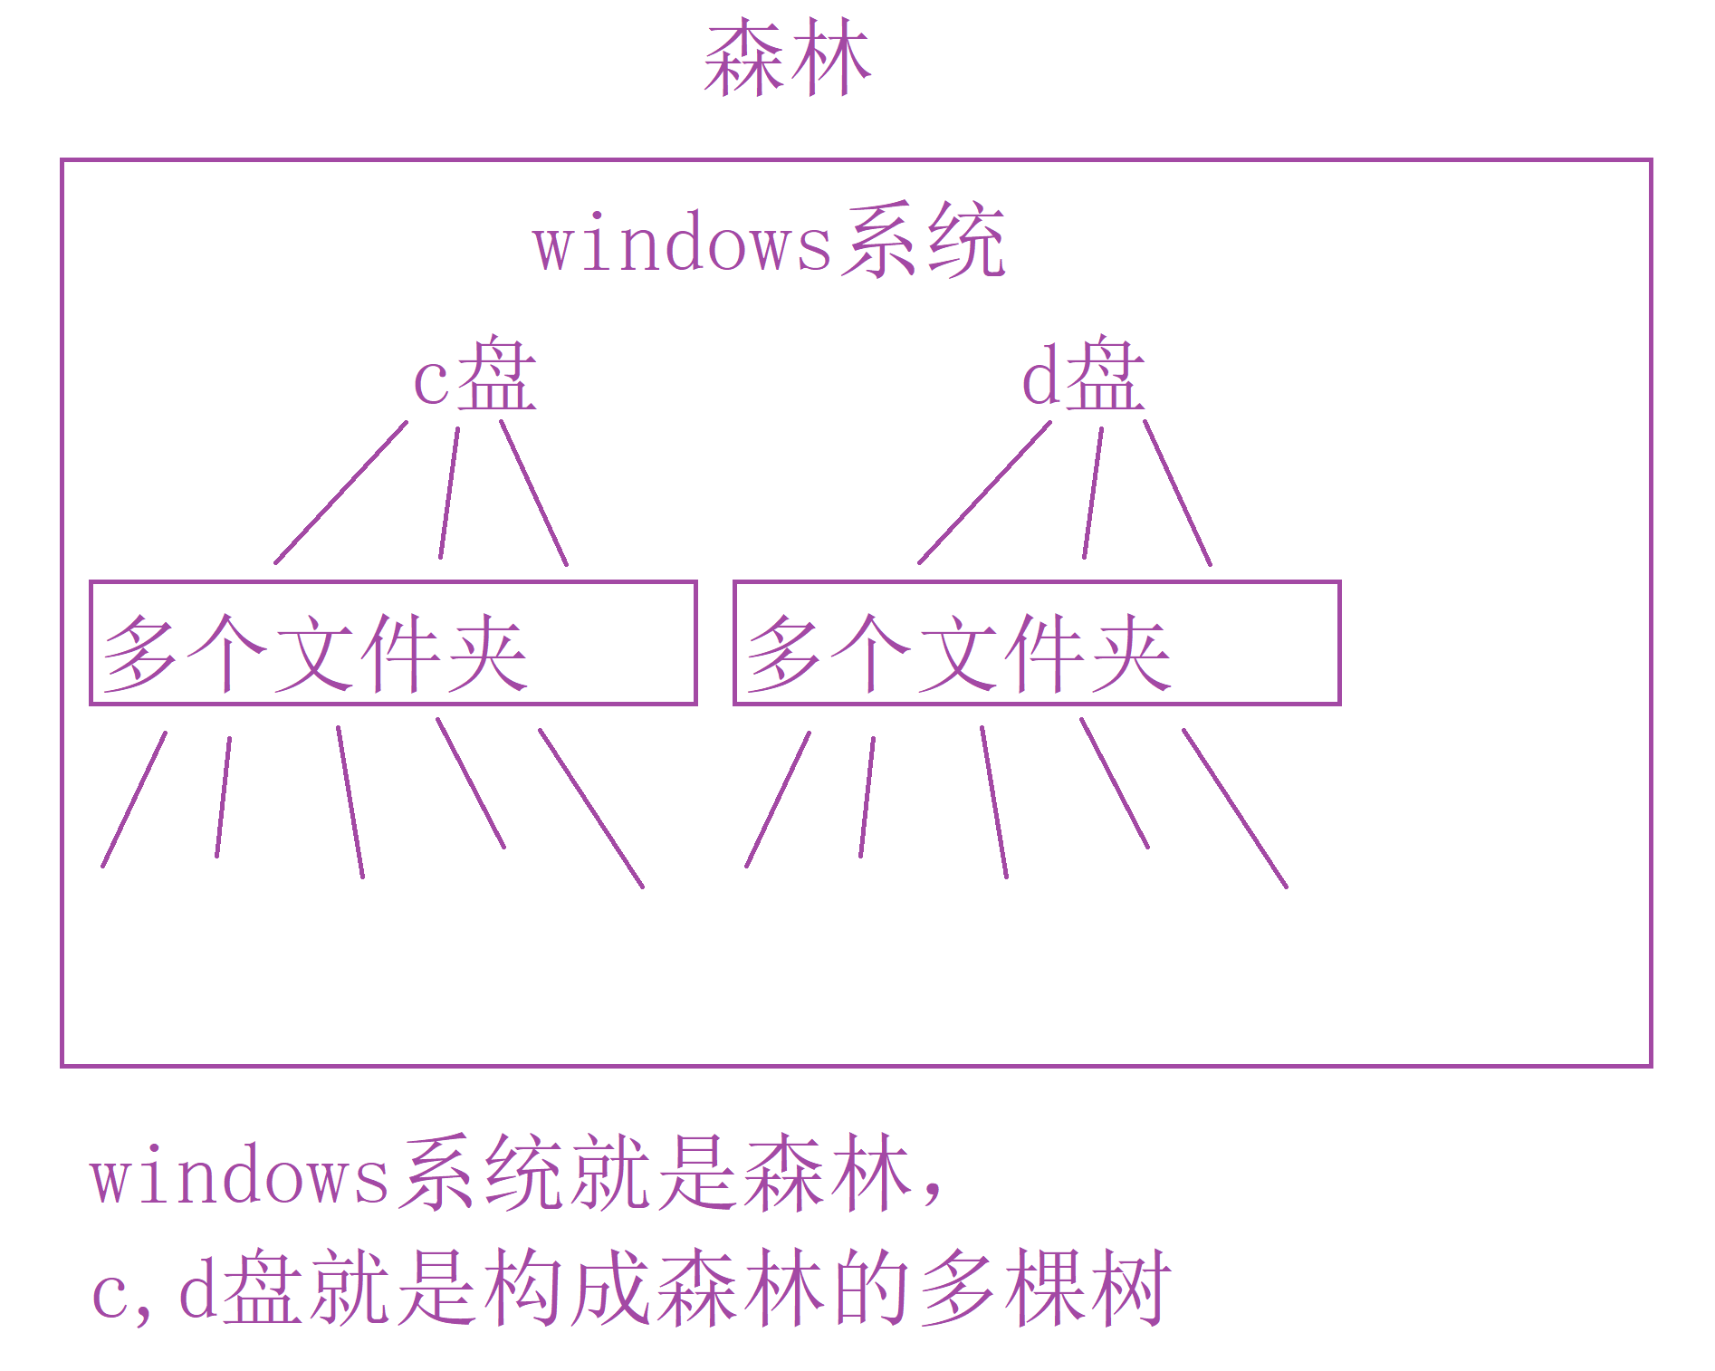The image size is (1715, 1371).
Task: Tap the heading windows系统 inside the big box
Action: (769, 242)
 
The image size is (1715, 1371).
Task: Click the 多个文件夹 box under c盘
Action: (393, 643)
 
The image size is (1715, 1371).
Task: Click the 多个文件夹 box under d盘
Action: (1037, 643)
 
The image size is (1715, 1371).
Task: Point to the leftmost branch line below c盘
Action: (340, 493)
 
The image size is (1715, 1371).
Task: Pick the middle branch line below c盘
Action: (449, 493)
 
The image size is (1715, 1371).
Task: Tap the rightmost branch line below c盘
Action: (534, 493)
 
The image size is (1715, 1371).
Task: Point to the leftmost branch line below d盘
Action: (984, 493)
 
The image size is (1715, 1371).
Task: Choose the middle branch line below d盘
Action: (1093, 493)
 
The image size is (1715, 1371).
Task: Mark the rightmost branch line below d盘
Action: (1178, 493)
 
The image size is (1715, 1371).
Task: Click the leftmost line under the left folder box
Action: (134, 800)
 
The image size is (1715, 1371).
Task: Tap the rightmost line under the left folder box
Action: (591, 809)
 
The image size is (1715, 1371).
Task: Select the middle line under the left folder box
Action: (350, 802)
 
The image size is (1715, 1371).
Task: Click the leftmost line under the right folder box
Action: (778, 800)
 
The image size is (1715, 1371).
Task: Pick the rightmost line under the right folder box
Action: (1235, 809)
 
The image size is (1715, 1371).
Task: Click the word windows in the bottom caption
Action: (240, 1176)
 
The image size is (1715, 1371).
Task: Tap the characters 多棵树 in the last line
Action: (1046, 1289)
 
